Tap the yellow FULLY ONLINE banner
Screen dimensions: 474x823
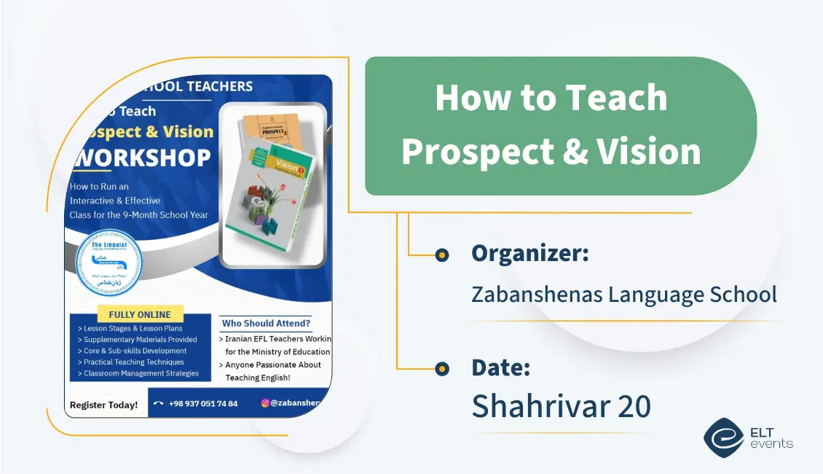click(140, 315)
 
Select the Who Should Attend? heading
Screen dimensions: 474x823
click(266, 323)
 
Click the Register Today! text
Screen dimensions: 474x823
click(103, 405)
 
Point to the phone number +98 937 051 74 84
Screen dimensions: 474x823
click(203, 404)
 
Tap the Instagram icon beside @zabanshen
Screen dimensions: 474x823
click(265, 403)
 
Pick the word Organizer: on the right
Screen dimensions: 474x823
click(529, 254)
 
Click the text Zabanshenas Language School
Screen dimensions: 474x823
click(623, 295)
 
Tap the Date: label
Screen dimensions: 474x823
click(500, 368)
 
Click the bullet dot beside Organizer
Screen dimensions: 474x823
click(441, 255)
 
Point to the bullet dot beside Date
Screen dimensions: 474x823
click(441, 369)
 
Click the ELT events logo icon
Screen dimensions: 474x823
click(722, 437)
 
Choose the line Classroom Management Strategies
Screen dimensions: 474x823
click(141, 373)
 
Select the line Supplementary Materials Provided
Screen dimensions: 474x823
click(140, 340)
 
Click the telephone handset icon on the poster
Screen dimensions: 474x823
click(158, 404)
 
